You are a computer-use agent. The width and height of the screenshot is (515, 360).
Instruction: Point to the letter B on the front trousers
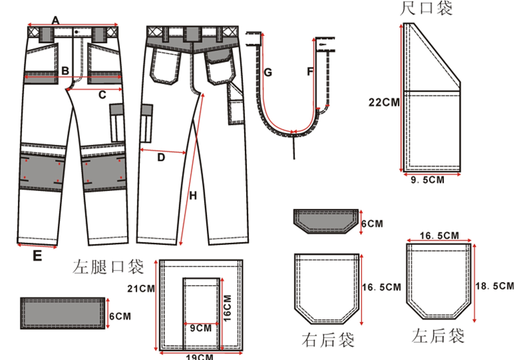point(63,70)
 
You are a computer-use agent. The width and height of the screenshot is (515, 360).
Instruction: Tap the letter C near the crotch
point(102,94)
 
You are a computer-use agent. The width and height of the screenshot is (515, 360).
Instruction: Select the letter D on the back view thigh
point(161,157)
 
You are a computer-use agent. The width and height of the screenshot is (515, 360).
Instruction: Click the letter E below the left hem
point(38,255)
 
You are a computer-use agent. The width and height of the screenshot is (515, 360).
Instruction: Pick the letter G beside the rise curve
point(268,72)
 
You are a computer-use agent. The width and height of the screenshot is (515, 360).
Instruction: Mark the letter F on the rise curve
point(310,71)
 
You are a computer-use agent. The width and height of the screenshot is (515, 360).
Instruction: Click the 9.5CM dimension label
point(427,183)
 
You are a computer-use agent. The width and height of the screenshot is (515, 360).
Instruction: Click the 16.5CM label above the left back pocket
point(439,235)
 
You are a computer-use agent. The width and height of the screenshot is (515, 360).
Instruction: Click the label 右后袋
point(327,339)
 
